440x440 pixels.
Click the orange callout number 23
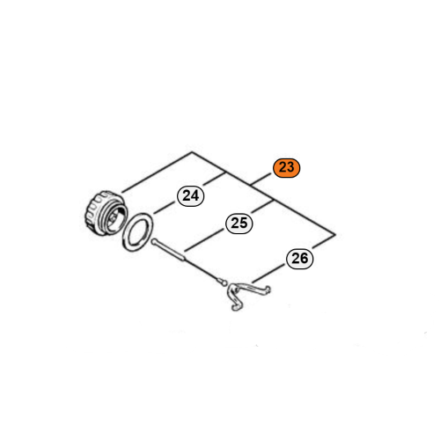click(286, 168)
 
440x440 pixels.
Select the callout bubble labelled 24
click(191, 196)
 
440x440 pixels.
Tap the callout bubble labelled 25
click(239, 224)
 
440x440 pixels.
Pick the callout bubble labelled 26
click(300, 259)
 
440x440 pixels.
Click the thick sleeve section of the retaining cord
click(169, 250)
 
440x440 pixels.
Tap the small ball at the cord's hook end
click(224, 282)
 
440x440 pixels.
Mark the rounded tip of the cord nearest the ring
click(153, 241)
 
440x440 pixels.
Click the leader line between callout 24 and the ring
click(165, 209)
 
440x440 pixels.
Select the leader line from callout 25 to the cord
click(205, 241)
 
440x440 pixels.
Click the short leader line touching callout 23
click(261, 180)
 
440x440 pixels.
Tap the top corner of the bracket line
click(192, 152)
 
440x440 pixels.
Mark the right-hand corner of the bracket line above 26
click(335, 235)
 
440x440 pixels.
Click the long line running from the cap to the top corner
click(157, 172)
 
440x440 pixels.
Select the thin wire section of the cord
click(203, 270)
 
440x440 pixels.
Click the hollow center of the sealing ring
click(138, 232)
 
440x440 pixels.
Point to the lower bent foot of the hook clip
click(237, 306)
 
